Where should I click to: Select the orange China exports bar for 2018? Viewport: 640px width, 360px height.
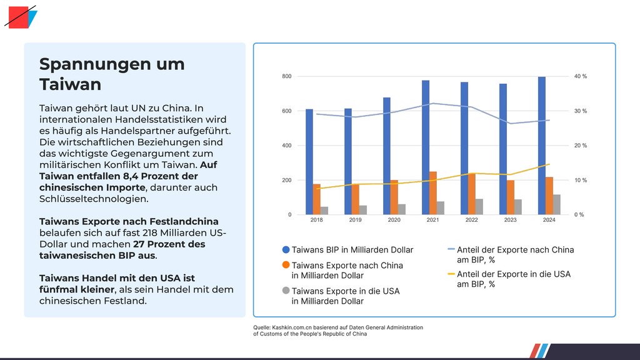point(317,199)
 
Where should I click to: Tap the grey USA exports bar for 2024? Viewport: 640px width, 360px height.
point(557,204)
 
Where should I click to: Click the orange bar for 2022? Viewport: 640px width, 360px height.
point(472,194)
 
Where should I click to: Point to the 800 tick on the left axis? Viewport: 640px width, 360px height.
point(287,76)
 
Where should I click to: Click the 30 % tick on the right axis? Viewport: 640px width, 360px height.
point(581,111)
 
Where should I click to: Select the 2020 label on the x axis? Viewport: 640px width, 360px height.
point(394,221)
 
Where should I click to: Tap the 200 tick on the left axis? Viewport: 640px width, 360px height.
point(287,180)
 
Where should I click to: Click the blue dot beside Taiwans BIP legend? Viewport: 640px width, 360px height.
point(286,249)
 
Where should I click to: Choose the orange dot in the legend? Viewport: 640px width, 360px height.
point(286,265)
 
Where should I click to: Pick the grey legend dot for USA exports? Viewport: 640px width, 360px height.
point(286,291)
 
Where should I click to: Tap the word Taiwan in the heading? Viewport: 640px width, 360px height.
point(70,84)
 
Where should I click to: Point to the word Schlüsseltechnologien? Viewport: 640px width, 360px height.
point(94,199)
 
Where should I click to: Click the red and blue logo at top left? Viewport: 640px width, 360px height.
point(21,17)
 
